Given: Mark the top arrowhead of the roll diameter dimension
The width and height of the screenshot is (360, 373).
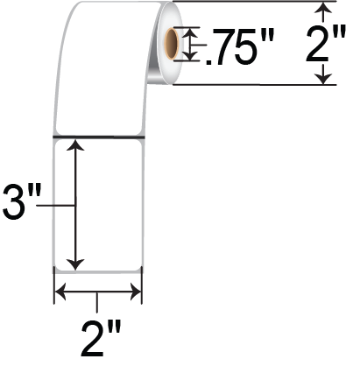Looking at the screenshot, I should click(x=325, y=10).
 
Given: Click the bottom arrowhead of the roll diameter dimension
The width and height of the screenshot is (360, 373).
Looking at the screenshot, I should click(x=325, y=77).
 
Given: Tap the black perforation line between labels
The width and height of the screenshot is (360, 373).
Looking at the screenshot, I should click(x=98, y=137).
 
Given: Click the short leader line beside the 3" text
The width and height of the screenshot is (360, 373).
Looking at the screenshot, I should click(x=61, y=205).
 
